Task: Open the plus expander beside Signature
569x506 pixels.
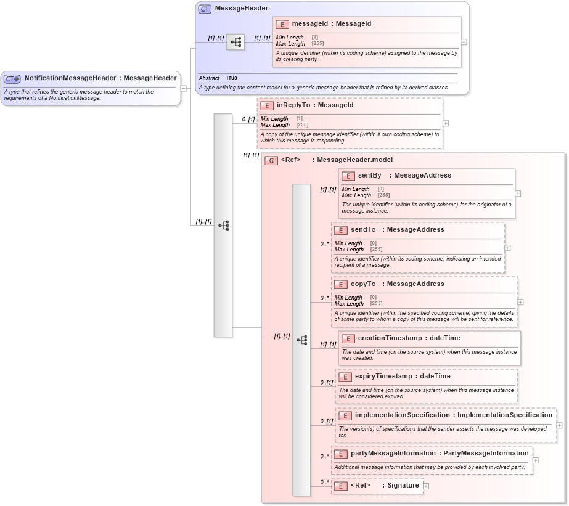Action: (x=426, y=486)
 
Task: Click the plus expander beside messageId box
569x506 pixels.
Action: (x=464, y=42)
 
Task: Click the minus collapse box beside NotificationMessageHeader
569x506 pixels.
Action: (x=183, y=88)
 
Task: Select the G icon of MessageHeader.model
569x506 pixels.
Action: (x=271, y=160)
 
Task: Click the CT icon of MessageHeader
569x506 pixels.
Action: (x=205, y=9)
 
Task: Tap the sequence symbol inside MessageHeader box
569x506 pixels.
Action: (x=235, y=43)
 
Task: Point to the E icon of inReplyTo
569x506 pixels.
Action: (x=266, y=106)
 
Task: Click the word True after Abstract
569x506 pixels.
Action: (x=231, y=78)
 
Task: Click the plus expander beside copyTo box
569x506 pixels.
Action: (x=520, y=302)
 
